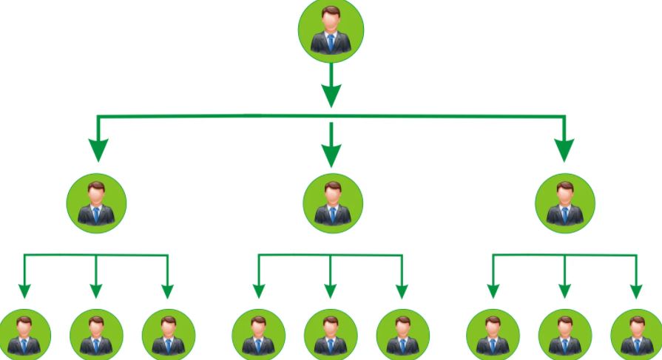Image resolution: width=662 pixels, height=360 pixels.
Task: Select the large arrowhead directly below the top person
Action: pyautogui.click(x=331, y=95)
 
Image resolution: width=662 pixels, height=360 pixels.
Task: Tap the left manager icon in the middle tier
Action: pyautogui.click(x=96, y=203)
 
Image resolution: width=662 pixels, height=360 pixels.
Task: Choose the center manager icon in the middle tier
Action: pyautogui.click(x=332, y=203)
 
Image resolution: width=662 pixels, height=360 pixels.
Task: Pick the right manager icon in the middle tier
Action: pyautogui.click(x=565, y=203)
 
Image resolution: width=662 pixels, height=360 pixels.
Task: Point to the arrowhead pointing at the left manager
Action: pyautogui.click(x=97, y=149)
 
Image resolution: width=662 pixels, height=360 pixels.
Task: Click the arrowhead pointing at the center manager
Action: pyautogui.click(x=331, y=153)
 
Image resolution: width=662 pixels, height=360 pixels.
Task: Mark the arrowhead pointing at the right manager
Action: pyautogui.click(x=564, y=149)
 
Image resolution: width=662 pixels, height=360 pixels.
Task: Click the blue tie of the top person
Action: pyautogui.click(x=331, y=43)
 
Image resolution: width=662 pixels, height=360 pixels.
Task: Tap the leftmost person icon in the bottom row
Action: pyautogui.click(x=24, y=336)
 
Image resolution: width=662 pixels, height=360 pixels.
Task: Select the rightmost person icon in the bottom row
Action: pyautogui.click(x=636, y=336)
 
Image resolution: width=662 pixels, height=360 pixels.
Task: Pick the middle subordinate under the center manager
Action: pyautogui.click(x=331, y=336)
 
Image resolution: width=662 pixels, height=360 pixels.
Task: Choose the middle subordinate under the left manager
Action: pyautogui.click(x=96, y=336)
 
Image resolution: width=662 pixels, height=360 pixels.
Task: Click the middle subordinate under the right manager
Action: pyautogui.click(x=564, y=336)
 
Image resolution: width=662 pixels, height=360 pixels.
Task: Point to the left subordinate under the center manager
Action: pyautogui.click(x=258, y=336)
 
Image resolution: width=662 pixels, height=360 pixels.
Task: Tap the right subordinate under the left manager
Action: pyautogui.click(x=168, y=336)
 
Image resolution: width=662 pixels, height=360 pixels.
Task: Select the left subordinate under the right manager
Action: pyautogui.click(x=493, y=336)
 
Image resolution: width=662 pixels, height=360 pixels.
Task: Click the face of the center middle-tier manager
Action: pyautogui.click(x=332, y=195)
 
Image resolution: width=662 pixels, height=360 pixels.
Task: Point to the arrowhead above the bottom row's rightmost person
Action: pyautogui.click(x=636, y=292)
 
